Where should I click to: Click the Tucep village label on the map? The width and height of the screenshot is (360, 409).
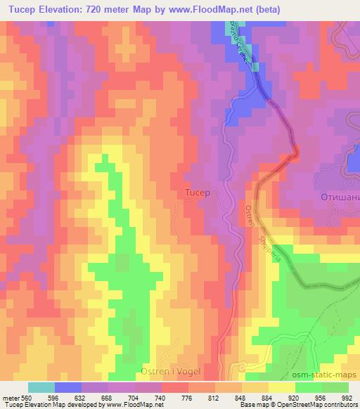click(x=196, y=192)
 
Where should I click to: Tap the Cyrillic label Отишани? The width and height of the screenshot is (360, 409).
click(x=340, y=198)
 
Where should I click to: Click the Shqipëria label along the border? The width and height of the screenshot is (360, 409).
click(x=269, y=242)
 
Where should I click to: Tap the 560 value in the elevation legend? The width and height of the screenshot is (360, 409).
click(x=27, y=397)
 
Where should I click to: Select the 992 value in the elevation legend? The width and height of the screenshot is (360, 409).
click(x=348, y=397)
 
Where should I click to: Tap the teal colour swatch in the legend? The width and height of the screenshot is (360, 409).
click(x=41, y=387)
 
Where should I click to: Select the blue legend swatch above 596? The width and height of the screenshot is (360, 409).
click(x=68, y=387)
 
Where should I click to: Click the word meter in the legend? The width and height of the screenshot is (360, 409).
click(x=11, y=397)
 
